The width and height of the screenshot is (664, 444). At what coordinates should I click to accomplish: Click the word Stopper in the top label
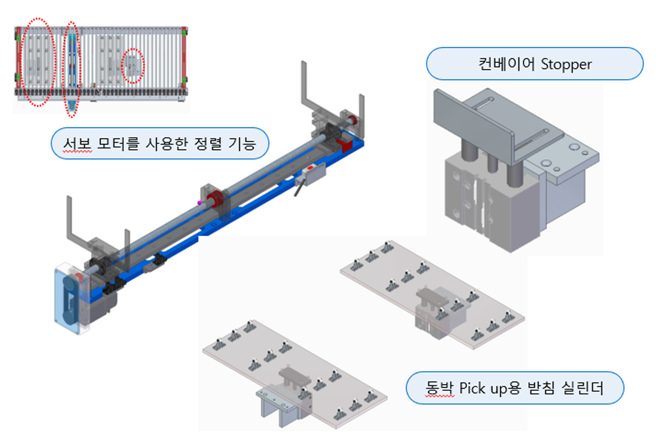click(566, 64)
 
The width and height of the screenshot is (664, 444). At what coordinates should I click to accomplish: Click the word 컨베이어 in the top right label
click(506, 64)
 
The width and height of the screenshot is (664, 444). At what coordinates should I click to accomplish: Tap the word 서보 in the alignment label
click(77, 144)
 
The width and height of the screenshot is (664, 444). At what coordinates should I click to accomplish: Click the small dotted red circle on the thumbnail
click(133, 66)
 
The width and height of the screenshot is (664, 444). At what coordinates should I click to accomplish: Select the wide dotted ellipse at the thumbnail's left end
click(38, 62)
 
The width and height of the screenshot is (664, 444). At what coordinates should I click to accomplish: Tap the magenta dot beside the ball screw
click(199, 203)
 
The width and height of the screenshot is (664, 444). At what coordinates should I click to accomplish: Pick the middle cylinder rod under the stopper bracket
click(492, 162)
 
